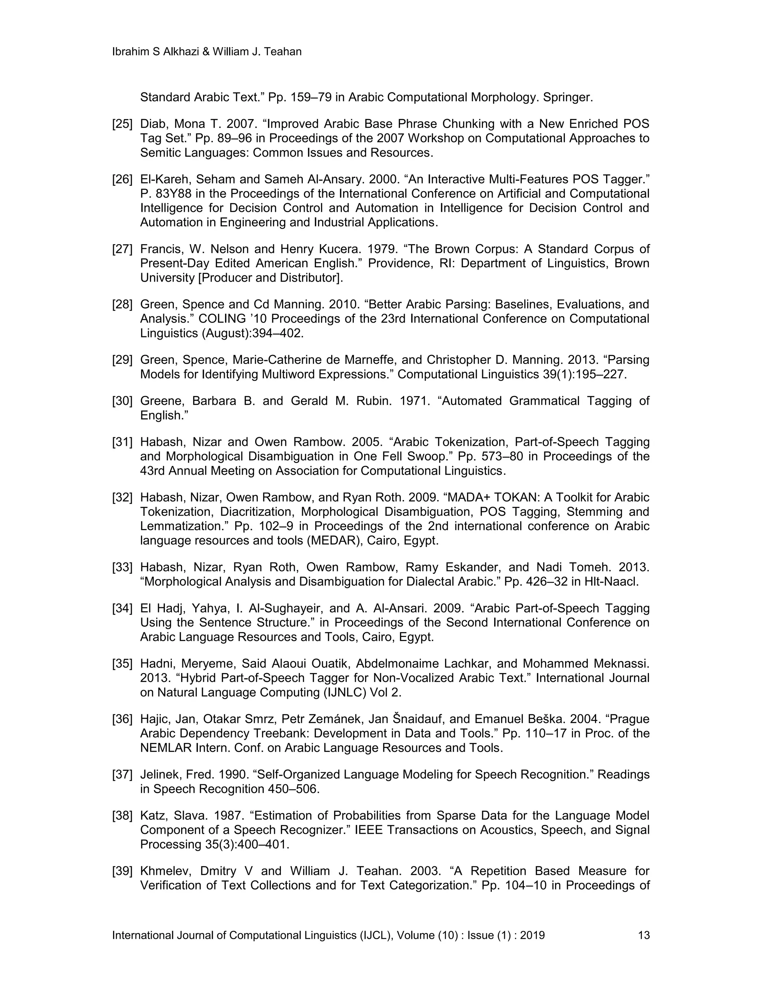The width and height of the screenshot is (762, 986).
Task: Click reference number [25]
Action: coord(122,124)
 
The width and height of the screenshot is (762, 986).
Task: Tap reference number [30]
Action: coord(122,401)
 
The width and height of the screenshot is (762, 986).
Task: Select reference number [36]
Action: coord(122,719)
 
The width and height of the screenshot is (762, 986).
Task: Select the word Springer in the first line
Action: coord(567,97)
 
